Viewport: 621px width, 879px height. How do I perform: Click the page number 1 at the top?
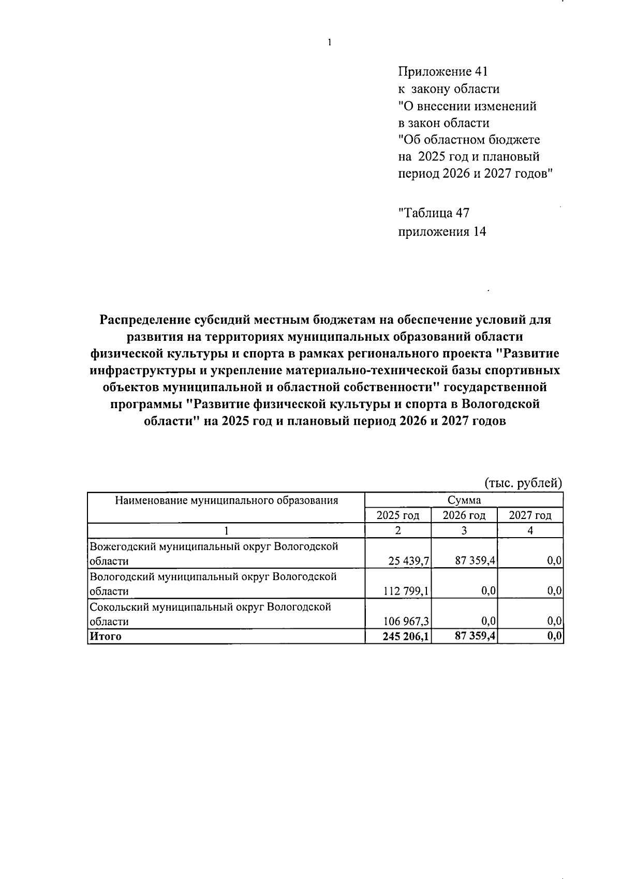click(329, 43)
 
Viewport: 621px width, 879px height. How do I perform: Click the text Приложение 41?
click(443, 71)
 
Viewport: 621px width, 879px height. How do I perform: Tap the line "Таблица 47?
click(434, 213)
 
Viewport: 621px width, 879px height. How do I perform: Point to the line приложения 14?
click(442, 232)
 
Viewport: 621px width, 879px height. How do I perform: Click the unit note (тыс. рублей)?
click(523, 483)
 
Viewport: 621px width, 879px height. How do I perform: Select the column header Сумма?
click(464, 500)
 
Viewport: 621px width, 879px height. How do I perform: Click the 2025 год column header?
click(397, 515)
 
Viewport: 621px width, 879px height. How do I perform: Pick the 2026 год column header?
click(464, 515)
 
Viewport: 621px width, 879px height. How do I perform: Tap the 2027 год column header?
click(530, 515)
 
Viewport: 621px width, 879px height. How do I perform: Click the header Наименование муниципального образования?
click(226, 500)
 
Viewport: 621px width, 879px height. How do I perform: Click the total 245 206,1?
click(406, 636)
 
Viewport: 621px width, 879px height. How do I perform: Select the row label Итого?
click(106, 637)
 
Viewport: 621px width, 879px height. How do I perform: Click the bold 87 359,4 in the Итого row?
click(475, 636)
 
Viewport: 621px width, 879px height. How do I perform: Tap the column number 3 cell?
click(464, 530)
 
